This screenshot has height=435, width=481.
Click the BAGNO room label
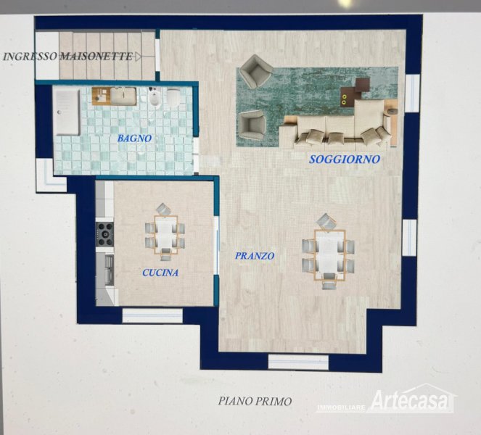point(134,138)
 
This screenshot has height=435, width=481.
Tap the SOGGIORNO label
point(345,159)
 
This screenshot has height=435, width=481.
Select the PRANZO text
point(255,256)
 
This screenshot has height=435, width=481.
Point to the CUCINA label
point(160,273)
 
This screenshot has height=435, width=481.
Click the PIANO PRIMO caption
point(255,401)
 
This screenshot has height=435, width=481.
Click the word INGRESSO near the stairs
point(30,57)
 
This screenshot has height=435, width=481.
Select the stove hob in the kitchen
point(104,234)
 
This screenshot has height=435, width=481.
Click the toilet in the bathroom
point(173,97)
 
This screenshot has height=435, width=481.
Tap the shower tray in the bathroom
point(67,112)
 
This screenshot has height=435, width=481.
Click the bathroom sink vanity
point(115,96)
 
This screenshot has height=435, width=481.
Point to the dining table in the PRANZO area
point(329,255)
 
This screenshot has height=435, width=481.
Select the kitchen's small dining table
point(165,234)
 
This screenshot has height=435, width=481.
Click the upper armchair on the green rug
point(255,71)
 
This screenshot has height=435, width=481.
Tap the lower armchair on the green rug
point(252,125)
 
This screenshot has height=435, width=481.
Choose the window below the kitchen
point(152,315)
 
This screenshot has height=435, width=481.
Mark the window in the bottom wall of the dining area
point(298,362)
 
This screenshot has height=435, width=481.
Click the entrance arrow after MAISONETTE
point(138,57)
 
